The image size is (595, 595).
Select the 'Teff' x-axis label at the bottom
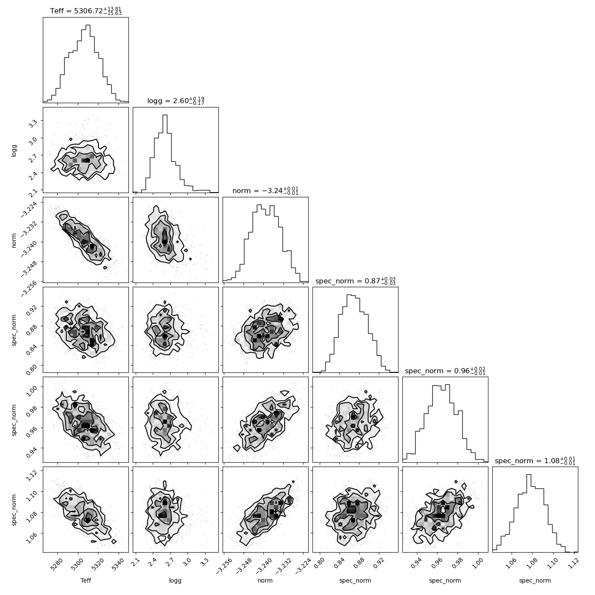coord(86,581)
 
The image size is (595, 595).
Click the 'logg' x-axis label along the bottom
coord(176,581)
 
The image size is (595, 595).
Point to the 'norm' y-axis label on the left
coord(14,240)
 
